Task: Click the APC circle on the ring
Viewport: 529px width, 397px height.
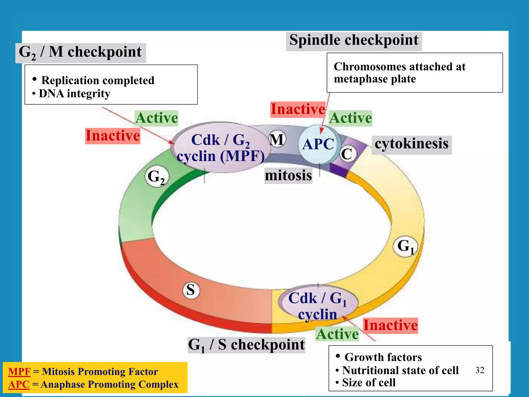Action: [x=318, y=144]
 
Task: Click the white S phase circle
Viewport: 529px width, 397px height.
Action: [x=191, y=290]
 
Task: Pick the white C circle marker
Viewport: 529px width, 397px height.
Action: [x=347, y=154]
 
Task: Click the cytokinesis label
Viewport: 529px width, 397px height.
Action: [x=411, y=144]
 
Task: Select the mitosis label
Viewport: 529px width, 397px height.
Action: [x=288, y=175]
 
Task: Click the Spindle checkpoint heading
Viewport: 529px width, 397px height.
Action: [x=354, y=40]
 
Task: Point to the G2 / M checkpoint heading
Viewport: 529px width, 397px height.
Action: [x=80, y=52]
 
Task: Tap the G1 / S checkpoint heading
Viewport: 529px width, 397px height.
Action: [x=246, y=345]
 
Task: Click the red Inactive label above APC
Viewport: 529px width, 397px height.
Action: [x=298, y=109]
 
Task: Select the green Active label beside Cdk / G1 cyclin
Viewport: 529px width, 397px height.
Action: [x=337, y=334]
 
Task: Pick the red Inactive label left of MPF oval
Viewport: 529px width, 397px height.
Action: [x=113, y=136]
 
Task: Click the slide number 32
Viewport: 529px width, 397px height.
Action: [x=480, y=370]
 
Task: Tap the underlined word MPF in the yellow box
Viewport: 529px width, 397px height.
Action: [x=19, y=372]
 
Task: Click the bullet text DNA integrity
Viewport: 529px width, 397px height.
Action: [x=74, y=94]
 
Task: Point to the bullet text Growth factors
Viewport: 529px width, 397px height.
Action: [x=383, y=357]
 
